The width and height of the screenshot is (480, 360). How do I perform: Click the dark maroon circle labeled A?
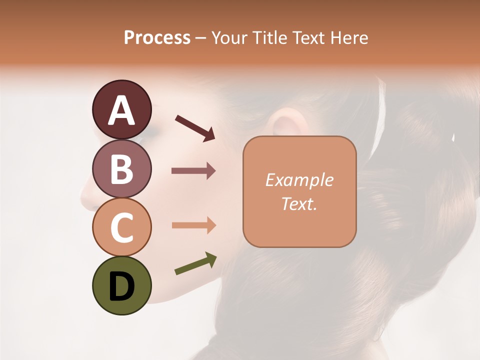121,109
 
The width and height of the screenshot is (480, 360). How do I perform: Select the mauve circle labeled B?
121,168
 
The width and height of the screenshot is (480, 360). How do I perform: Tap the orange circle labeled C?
121,227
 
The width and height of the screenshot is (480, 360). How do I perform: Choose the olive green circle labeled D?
121,285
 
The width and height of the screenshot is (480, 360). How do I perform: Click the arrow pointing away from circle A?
195,128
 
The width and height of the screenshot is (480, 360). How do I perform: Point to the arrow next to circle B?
193,171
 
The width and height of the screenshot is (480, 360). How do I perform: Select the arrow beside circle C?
193,225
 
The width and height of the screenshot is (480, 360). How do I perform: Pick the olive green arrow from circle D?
195,264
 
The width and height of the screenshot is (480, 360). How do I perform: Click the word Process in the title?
157,38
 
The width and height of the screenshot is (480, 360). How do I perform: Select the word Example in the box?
299,180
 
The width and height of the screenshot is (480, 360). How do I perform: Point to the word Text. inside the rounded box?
299,203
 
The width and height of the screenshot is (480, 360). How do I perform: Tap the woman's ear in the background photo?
283,125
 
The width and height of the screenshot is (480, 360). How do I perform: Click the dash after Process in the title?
201,38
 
